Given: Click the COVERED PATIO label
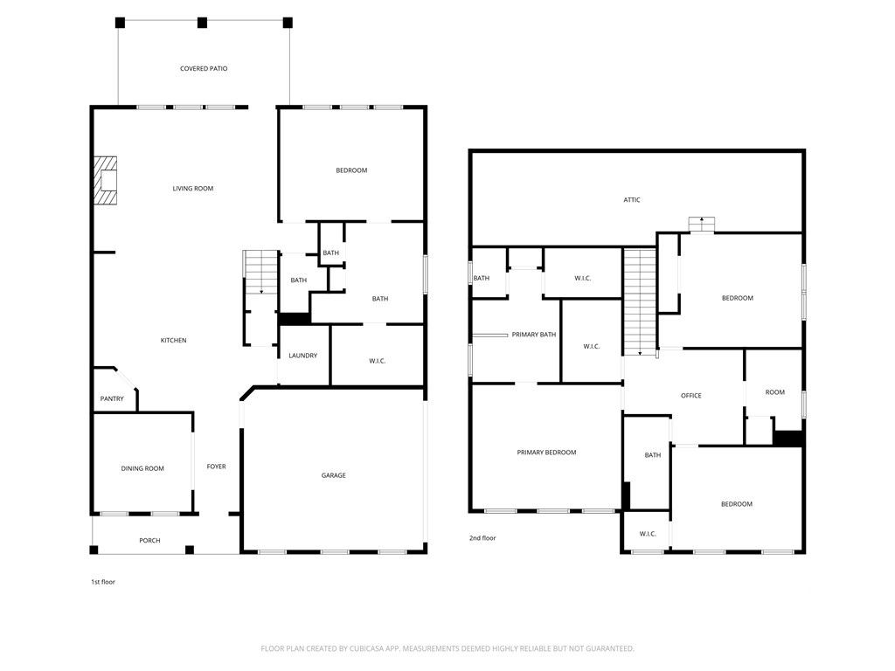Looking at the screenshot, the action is coord(204,68).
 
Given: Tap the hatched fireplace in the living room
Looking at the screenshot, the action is coord(106,180).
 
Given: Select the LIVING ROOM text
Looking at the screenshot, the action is coord(193,189).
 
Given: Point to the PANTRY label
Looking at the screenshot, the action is coord(112,398).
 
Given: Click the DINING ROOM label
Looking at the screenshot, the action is coord(142,468).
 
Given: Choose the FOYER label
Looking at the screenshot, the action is coord(217,467).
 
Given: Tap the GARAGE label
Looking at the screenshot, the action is coord(333,475).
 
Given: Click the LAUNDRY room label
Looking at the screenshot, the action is coord(302,356).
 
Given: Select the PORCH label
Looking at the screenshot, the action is coord(149,540).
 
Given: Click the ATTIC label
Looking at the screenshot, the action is coord(632,200).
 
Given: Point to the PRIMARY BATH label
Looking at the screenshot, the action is coord(534,335).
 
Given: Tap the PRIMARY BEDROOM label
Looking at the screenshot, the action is coord(546,453).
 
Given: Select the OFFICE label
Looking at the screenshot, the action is coord(690,396).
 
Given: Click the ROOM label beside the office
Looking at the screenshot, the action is coord(774,392).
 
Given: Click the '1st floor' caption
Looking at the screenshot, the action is coord(103,582).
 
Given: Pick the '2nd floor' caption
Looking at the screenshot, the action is coord(482,538).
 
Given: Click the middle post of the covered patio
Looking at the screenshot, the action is coord(202,23).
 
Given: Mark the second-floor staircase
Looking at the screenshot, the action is coord(639,301).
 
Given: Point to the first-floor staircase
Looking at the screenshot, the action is coord(260,273).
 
